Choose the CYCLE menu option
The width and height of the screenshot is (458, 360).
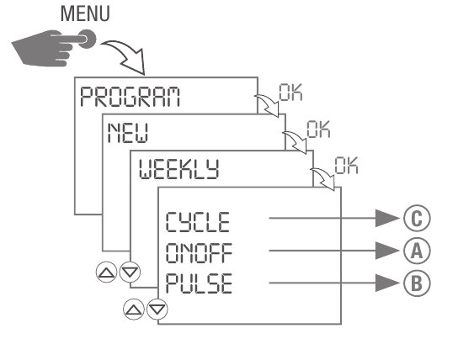(x=197, y=223)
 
